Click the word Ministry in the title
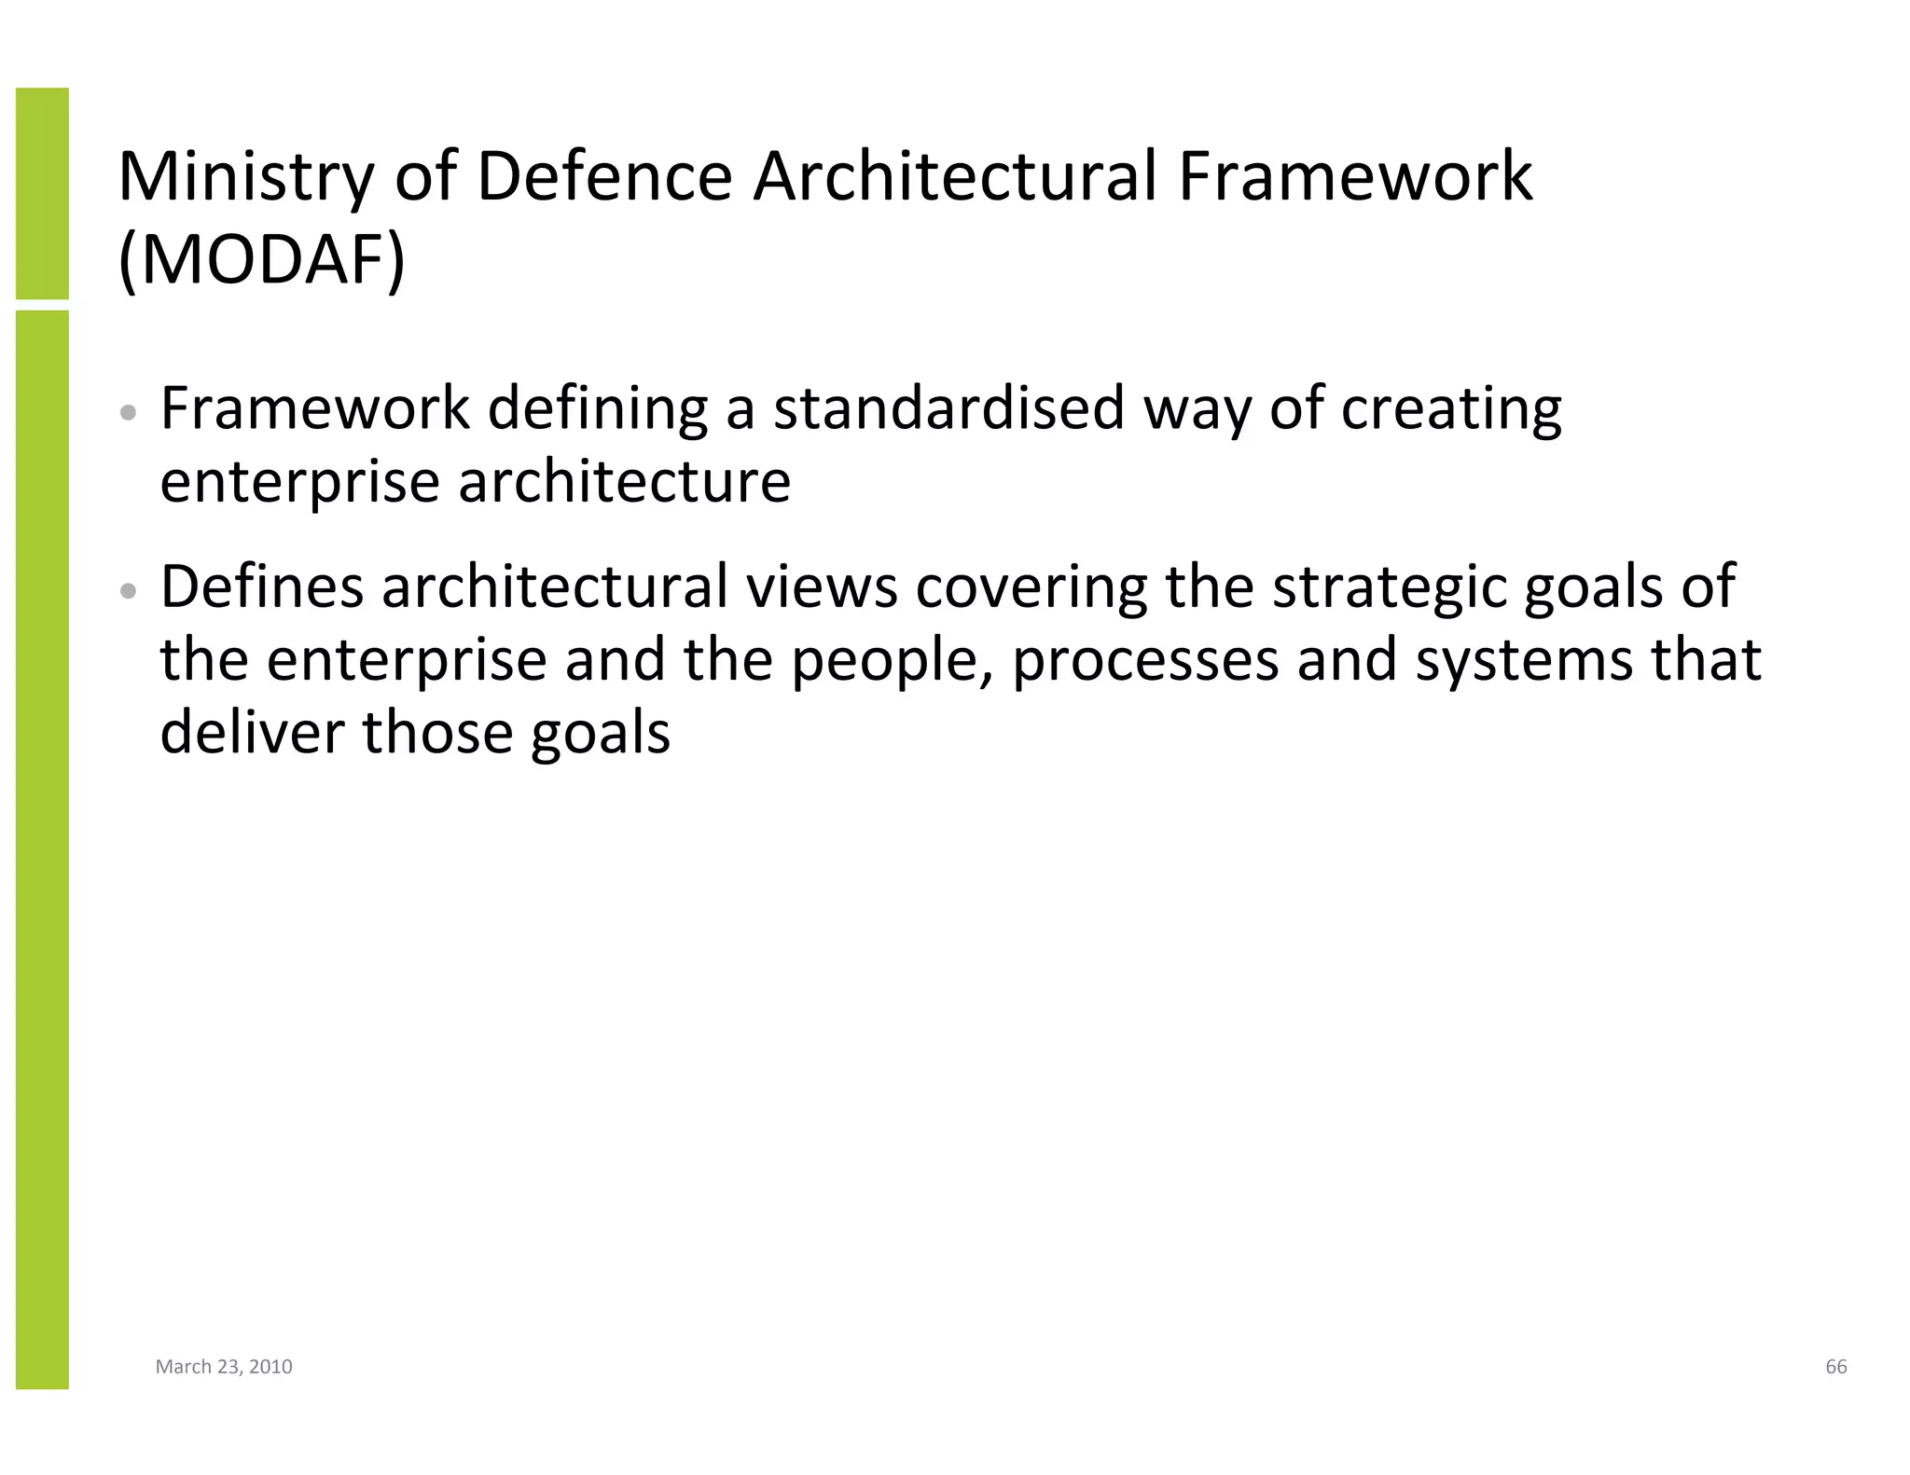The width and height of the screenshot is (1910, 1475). point(245,177)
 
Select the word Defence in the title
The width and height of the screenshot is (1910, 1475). point(604,177)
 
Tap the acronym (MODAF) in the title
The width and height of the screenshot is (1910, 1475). point(262,260)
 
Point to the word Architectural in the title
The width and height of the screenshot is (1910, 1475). point(955,177)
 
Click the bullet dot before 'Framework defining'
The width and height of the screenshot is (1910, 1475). point(130,412)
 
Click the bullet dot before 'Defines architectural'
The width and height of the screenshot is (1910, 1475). point(130,590)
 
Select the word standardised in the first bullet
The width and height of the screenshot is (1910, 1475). point(948,408)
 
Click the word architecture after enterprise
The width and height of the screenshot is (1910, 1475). point(624,482)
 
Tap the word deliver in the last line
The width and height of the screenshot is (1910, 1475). point(252,732)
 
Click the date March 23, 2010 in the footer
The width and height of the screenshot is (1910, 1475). point(224,1367)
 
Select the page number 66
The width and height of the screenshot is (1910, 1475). point(1835,1367)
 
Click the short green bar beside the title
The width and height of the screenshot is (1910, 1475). point(42,193)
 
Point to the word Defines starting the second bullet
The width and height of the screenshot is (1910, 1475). point(261,587)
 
